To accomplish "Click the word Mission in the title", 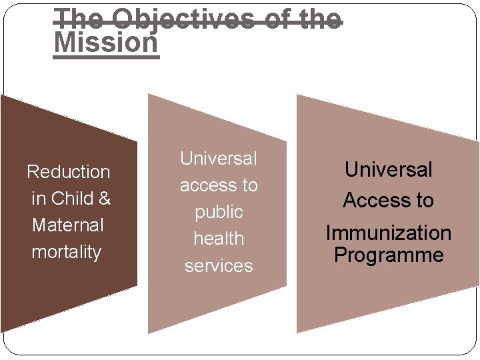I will coord(106,42).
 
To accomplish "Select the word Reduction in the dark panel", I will coord(68,172).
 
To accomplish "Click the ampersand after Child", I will coord(104,199).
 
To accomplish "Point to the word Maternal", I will coord(68,225).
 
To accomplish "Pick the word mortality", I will coord(67,252).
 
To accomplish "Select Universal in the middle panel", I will coord(218,159).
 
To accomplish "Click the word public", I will coord(219,213).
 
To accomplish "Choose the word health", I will coord(219,239).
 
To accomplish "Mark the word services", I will coord(219,265).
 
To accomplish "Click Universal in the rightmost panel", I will coord(388,170).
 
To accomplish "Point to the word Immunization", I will coord(388,233).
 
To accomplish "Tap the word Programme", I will coord(388,255).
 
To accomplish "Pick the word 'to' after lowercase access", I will coord(249,185).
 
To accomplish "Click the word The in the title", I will coord(75,18).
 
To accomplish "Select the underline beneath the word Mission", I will coord(106,58).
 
